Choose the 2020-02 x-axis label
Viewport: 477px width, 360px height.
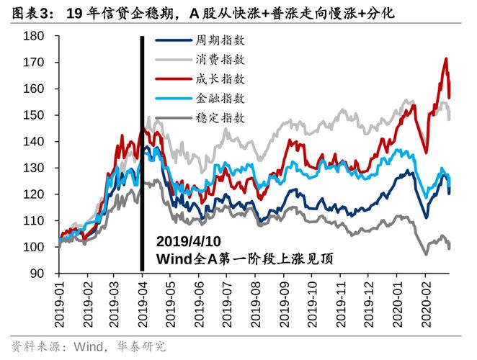coord(425,302)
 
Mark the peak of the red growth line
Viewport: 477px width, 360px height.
coord(447,59)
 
